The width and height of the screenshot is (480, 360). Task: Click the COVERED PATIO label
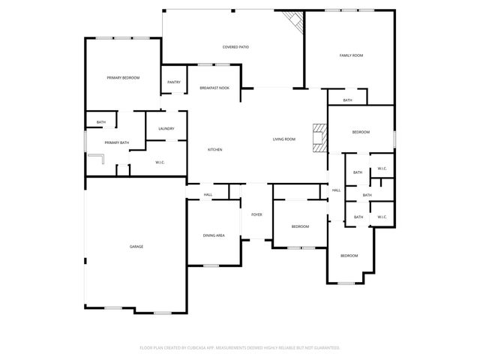tap(235, 46)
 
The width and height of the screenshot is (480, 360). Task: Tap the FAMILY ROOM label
tap(351, 55)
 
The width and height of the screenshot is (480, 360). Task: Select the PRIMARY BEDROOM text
tap(123, 78)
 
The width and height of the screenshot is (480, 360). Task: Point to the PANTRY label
tap(174, 82)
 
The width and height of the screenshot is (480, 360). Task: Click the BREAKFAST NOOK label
tap(214, 88)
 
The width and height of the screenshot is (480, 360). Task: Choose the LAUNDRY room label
tap(166, 128)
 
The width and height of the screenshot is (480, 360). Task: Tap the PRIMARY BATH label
tap(117, 142)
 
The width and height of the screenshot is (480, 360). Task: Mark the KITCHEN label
tap(214, 150)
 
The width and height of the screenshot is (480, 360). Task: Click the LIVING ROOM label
tap(283, 139)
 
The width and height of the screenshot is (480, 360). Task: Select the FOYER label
tap(256, 214)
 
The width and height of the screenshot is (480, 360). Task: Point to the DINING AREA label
tap(214, 235)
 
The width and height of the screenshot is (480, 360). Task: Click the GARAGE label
tap(136, 247)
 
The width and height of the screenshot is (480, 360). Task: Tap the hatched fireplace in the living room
tap(320, 138)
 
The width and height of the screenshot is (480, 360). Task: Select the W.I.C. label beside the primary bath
tap(160, 162)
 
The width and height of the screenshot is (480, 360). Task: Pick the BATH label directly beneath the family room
tap(347, 100)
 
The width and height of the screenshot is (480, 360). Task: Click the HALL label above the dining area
tap(208, 195)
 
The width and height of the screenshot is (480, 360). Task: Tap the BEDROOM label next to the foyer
tap(300, 226)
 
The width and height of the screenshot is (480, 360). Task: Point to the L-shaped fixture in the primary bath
tap(97, 157)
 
